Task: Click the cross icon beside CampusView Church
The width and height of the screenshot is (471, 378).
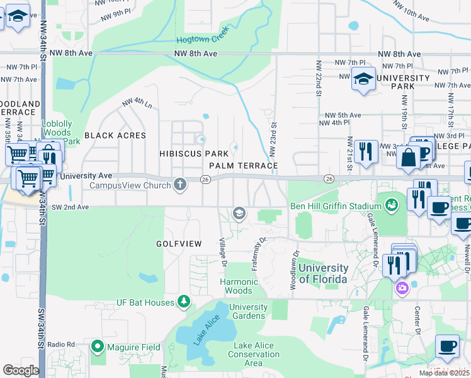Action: tap(181, 185)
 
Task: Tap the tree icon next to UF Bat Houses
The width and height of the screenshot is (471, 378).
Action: tap(183, 302)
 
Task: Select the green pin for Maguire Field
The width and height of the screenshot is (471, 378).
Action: tap(98, 346)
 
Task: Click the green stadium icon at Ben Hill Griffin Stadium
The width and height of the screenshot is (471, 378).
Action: tap(391, 206)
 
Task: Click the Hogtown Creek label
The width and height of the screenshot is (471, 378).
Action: tap(201, 38)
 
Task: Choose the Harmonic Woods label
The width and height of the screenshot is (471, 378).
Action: tap(244, 286)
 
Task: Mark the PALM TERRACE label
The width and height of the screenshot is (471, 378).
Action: tap(244, 166)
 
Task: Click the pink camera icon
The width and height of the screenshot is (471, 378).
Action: tap(402, 289)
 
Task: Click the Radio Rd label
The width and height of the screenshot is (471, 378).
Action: tap(61, 345)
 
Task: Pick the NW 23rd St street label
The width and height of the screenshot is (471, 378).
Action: tap(273, 140)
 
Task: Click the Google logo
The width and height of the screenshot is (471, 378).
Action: tap(21, 370)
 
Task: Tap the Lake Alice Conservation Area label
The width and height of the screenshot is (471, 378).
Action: tap(253, 354)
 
